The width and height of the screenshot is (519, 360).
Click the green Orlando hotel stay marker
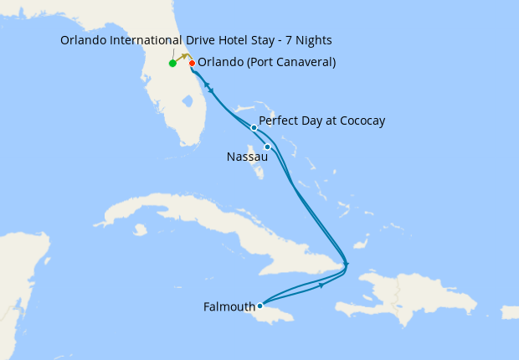pyautogui.click(x=172, y=63)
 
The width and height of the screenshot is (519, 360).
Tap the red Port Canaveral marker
pyautogui.click(x=192, y=63)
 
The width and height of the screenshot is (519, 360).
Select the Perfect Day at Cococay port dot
pyautogui.click(x=254, y=128)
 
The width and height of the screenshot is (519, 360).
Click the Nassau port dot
pyautogui.click(x=267, y=147)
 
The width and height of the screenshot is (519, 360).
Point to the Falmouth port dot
pyautogui.click(x=259, y=306)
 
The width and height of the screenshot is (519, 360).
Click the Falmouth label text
pyautogui.click(x=229, y=307)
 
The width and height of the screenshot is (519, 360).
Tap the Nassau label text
pyautogui.click(x=247, y=157)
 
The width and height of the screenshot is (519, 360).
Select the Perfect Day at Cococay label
pyautogui.click(x=321, y=121)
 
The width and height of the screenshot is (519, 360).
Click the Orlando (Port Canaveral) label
pyautogui.click(x=267, y=61)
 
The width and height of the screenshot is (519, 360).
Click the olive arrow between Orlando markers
pyautogui.click(x=182, y=58)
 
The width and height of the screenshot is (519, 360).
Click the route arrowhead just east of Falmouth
pyautogui.click(x=321, y=285)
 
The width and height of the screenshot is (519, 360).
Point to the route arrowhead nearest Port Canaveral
pyautogui.click(x=210, y=90)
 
